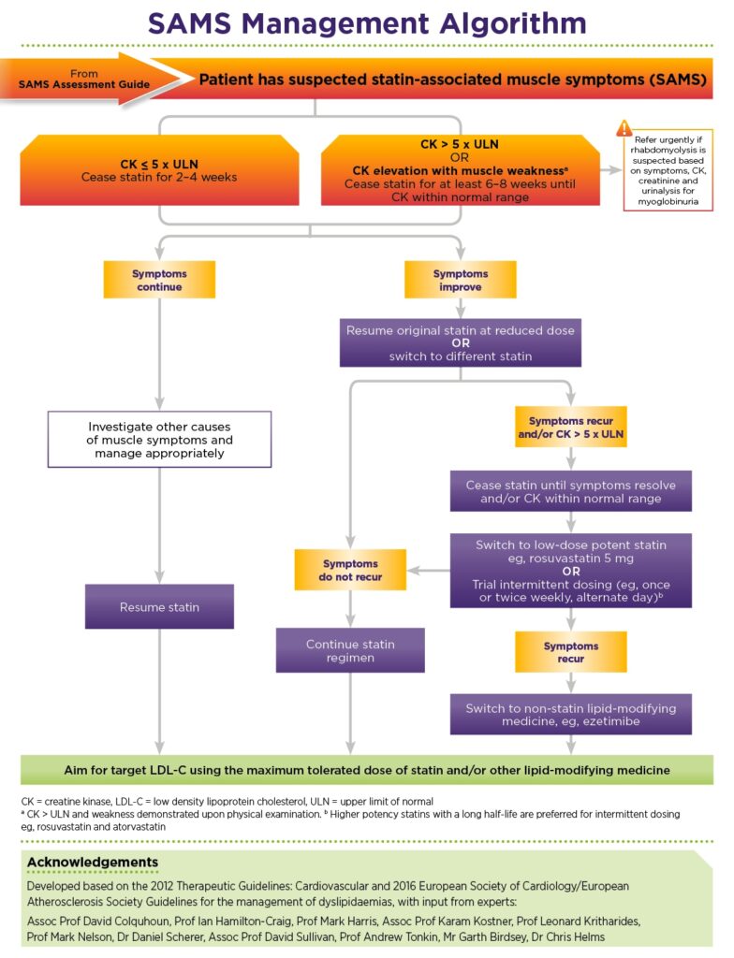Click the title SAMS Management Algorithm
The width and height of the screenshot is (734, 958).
367,22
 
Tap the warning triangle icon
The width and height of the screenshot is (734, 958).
624,129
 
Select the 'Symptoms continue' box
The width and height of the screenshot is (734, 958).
160,281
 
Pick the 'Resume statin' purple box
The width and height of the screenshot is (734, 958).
159,606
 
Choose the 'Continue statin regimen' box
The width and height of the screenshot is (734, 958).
350,650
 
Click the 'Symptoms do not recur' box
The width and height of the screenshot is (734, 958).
350,571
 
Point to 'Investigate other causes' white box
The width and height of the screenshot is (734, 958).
159,439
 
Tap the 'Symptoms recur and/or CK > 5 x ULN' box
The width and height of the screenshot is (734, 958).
570,428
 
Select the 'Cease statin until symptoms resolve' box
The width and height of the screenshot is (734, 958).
570,492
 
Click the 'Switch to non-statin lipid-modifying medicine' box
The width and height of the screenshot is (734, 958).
570,715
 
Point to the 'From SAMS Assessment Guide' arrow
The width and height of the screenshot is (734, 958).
84,80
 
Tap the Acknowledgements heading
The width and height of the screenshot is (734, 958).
93,862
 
